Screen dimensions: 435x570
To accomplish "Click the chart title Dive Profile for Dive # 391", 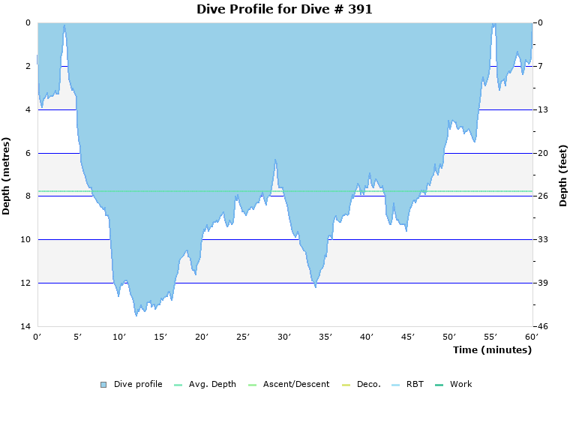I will (x=284, y=10).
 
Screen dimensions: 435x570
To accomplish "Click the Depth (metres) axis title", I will (x=7, y=175).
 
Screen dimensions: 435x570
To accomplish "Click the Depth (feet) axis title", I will (x=562, y=175).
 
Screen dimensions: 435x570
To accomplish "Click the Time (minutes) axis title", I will (x=492, y=350).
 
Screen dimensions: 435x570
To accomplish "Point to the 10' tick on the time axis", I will (x=119, y=337).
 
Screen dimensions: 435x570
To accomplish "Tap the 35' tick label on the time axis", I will (x=325, y=337).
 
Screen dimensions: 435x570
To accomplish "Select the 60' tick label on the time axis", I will (x=532, y=337).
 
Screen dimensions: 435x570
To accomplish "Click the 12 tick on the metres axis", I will (x=28, y=283).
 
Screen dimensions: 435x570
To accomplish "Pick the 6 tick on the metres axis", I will (x=28, y=153).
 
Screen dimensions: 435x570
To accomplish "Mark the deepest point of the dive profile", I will (x=136, y=316).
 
